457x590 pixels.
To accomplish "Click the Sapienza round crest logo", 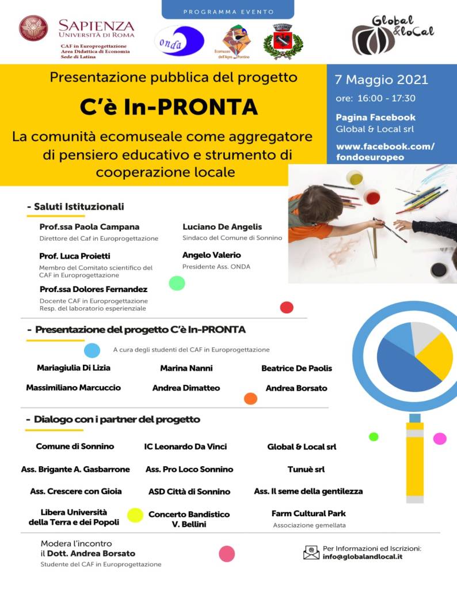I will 33,28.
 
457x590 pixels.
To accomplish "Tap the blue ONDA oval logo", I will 181,41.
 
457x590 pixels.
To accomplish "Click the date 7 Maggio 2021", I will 382,80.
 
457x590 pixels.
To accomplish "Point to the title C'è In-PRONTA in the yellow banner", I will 169,107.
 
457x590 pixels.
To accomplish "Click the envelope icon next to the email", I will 311,553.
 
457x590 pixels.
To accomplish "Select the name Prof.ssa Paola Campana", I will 89,226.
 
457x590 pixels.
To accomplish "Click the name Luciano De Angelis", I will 222,226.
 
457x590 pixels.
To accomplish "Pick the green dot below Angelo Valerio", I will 177,283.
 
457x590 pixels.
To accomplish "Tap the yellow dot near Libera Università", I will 135,515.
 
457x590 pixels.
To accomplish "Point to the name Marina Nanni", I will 186,368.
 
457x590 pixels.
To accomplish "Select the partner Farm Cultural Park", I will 309,513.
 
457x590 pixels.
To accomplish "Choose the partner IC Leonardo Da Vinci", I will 185,447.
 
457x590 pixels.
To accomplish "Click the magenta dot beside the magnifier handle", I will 440,438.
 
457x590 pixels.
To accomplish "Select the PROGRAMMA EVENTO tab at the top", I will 228,12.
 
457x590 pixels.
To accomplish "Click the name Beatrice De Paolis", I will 296,368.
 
